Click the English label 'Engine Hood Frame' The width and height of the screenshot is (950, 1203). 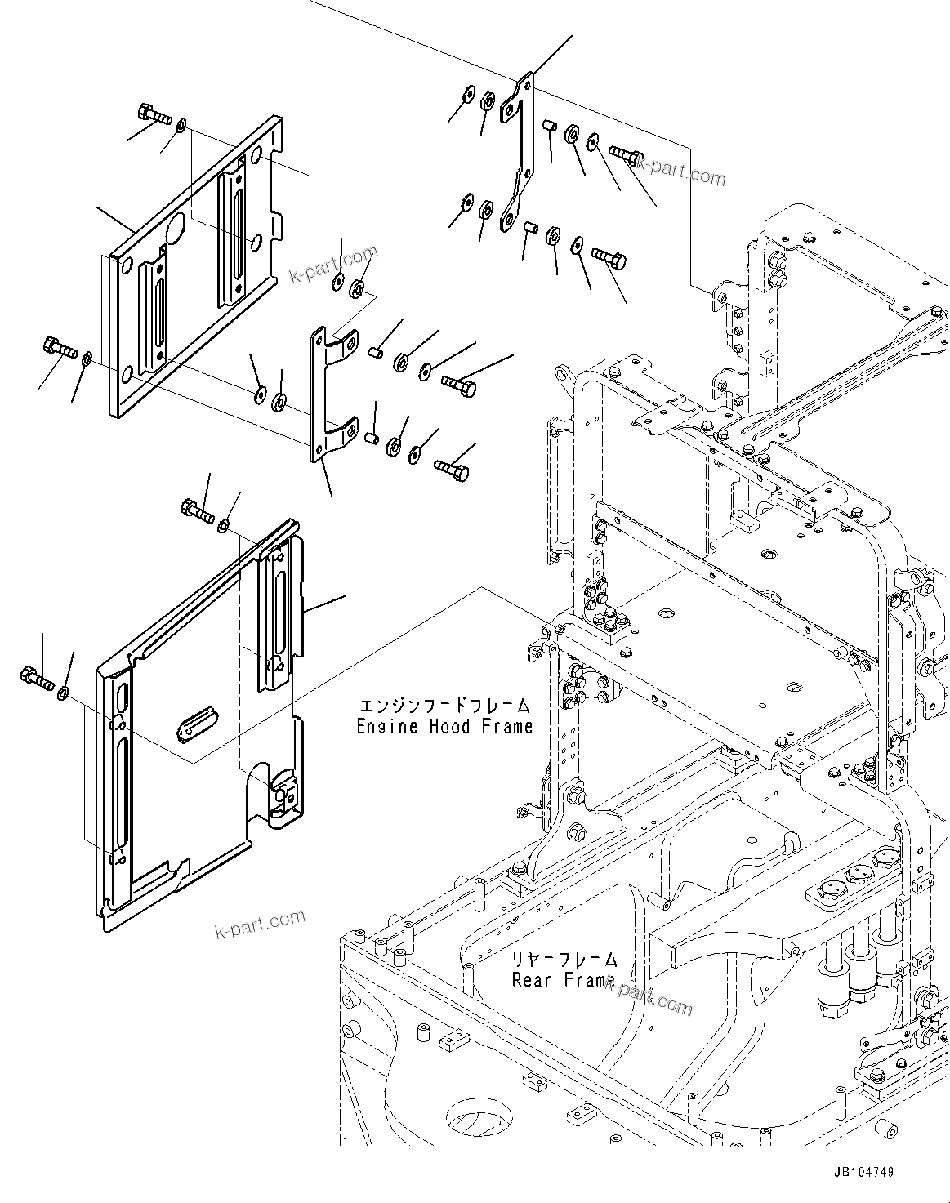pyautogui.click(x=444, y=726)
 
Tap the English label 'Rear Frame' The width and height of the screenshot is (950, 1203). pyautogui.click(x=563, y=979)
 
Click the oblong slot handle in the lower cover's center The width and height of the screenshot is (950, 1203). pyautogui.click(x=196, y=723)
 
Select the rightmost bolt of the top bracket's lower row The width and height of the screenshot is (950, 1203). pyautogui.click(x=608, y=259)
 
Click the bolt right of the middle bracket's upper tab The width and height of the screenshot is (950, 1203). pyautogui.click(x=458, y=383)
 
